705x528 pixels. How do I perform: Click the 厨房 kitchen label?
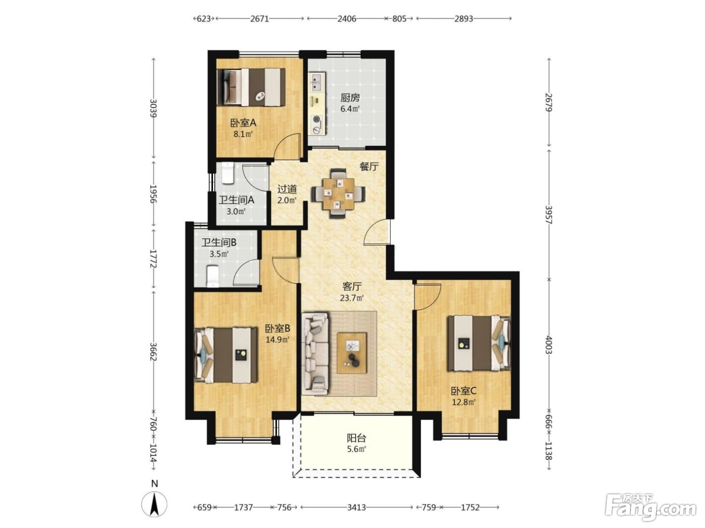click(350, 97)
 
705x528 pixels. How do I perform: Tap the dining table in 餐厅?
click(338, 193)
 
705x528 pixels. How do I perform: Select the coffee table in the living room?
click(351, 353)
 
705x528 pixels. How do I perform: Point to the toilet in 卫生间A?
click(228, 173)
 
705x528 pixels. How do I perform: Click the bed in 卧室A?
click(251, 86)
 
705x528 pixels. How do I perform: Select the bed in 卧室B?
click(226, 355)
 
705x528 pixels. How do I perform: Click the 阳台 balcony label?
click(357, 437)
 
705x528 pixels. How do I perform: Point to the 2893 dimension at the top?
click(463, 19)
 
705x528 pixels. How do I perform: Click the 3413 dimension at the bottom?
click(357, 507)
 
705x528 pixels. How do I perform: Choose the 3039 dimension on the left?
click(154, 108)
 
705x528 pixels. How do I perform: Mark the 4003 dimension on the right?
click(548, 344)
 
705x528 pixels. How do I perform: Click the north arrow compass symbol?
click(155, 504)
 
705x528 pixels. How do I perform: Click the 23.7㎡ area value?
click(352, 298)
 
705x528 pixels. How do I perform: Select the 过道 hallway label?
click(287, 190)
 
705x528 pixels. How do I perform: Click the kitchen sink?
click(317, 81)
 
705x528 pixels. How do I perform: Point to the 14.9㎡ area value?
click(278, 339)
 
